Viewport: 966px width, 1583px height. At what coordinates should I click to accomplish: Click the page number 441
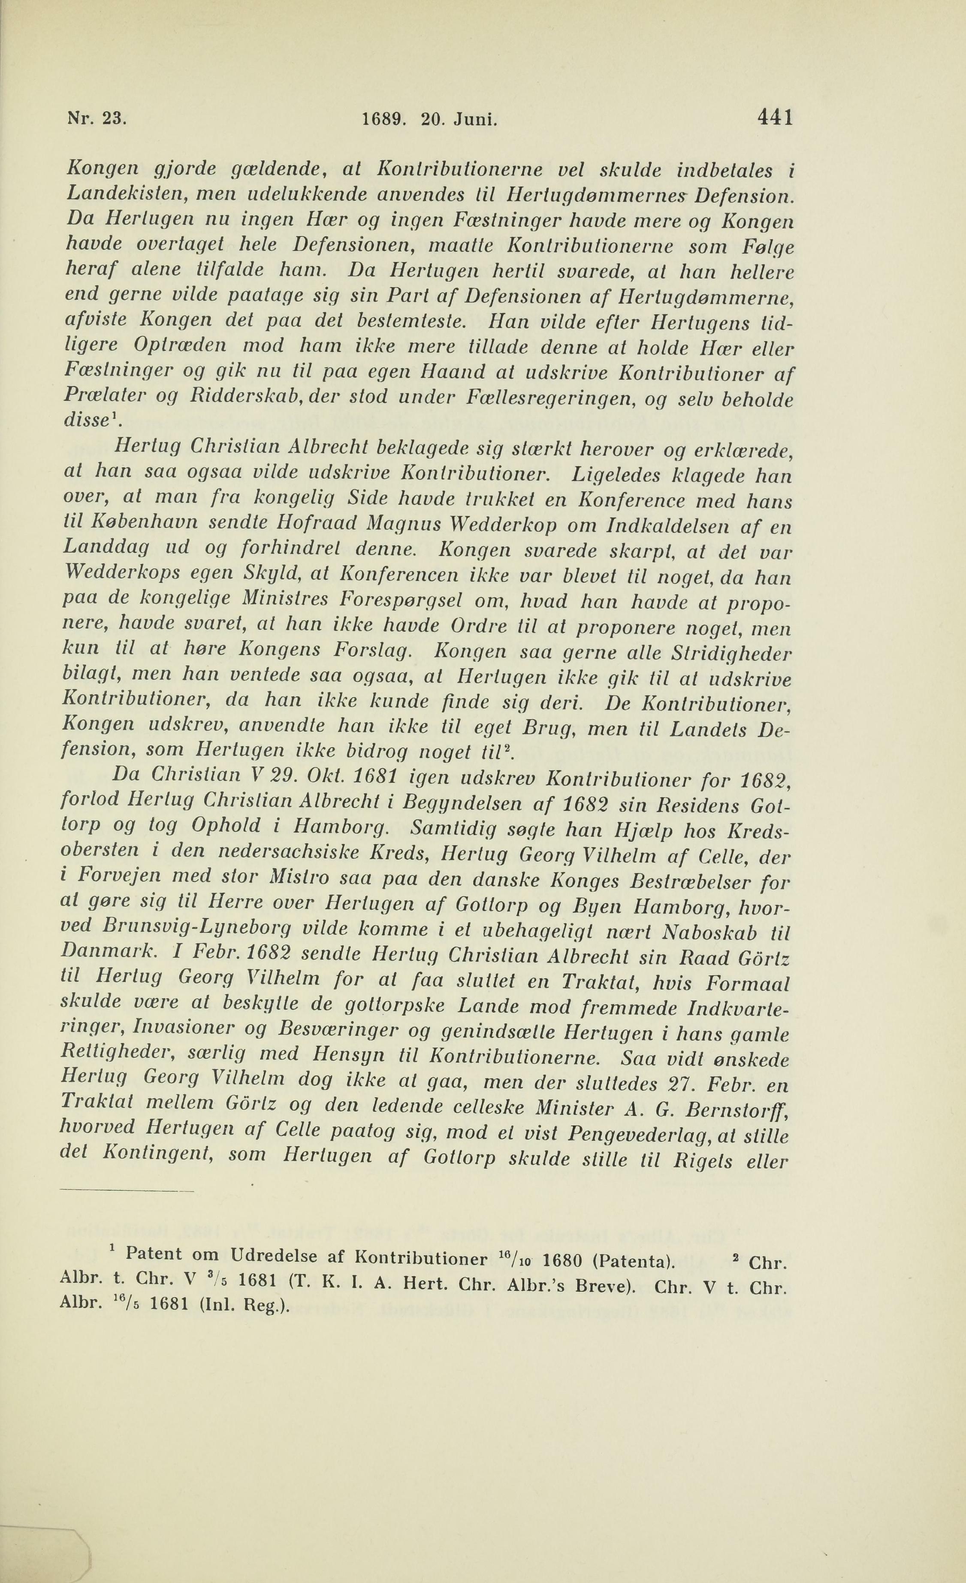click(775, 118)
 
